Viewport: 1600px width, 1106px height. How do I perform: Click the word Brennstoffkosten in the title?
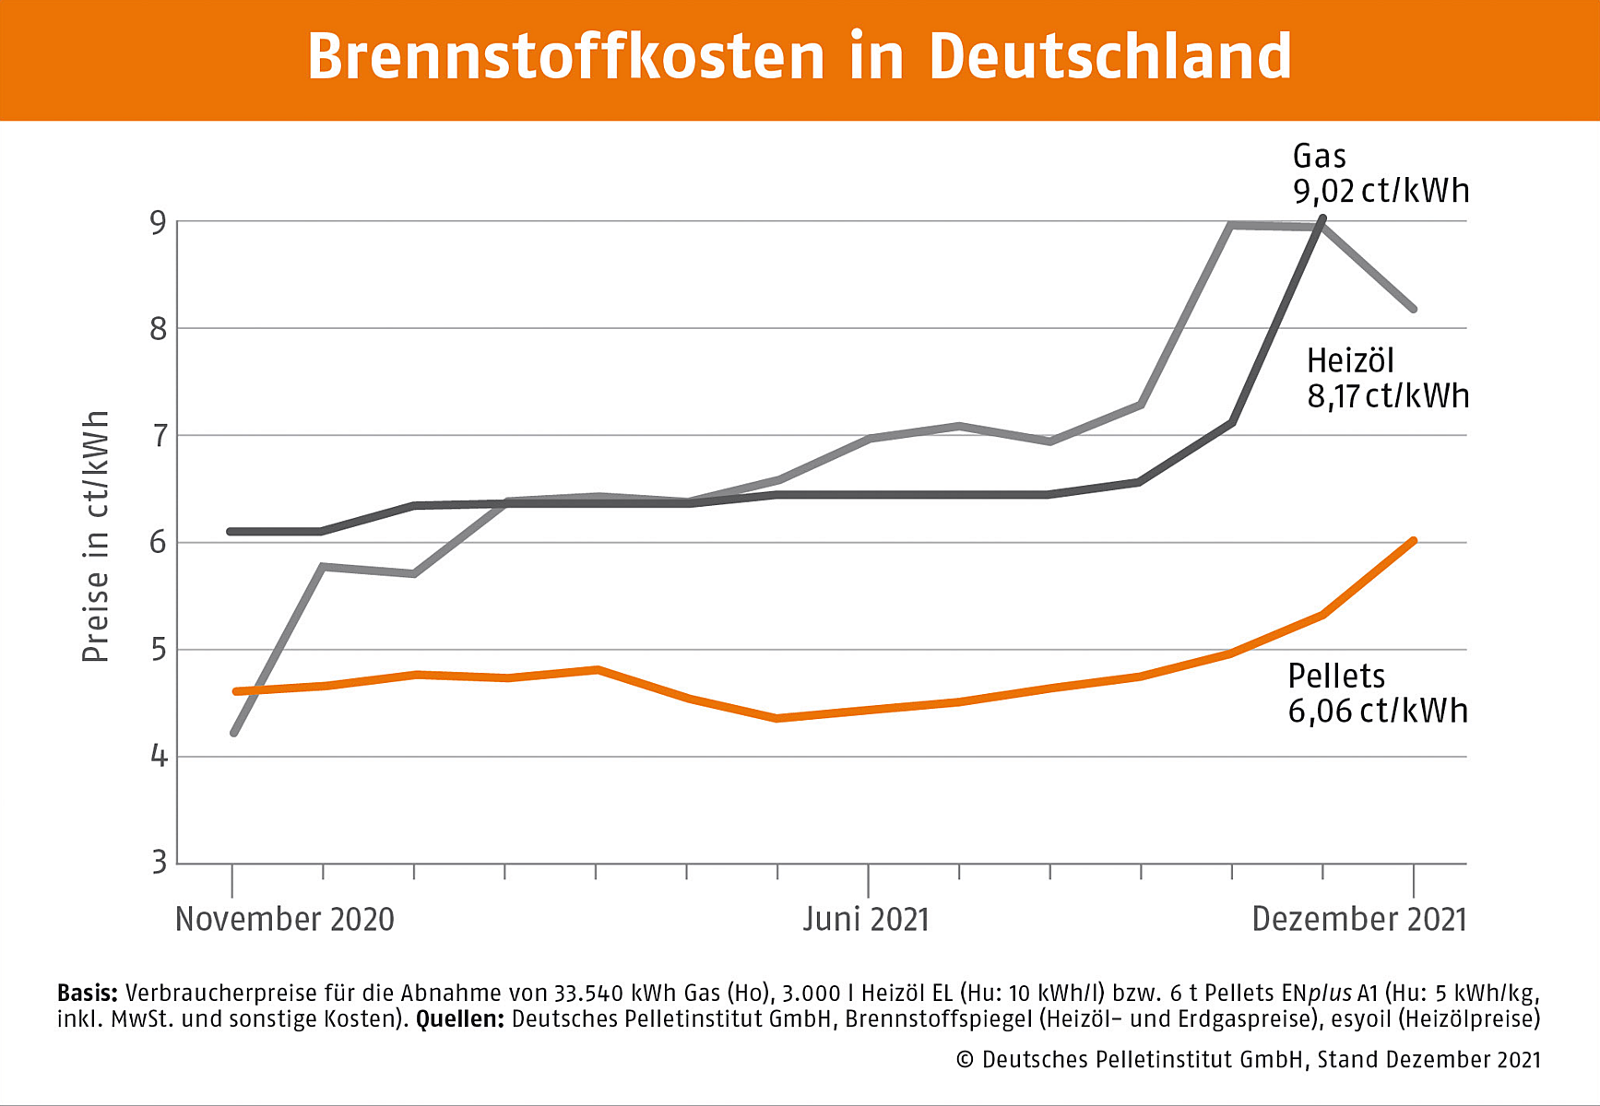[565, 57]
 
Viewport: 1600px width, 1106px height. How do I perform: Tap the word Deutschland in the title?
[1109, 57]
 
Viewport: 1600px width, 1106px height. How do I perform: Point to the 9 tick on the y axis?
[159, 223]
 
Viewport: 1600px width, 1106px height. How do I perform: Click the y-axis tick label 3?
[159, 863]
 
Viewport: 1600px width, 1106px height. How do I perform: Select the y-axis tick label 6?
[159, 542]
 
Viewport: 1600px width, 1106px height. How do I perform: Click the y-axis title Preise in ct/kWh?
[96, 536]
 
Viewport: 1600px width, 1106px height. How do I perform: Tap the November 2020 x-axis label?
[285, 919]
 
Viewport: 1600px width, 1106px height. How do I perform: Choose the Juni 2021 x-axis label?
[866, 919]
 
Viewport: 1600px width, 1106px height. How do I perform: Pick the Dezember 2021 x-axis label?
[1358, 919]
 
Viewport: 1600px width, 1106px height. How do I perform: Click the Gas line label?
[1319, 156]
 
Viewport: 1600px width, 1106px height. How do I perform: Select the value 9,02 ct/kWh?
[1381, 191]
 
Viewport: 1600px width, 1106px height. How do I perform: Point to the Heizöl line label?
[1350, 360]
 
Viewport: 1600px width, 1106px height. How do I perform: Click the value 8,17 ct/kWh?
[1388, 396]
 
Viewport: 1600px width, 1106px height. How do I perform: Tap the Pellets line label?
[1336, 677]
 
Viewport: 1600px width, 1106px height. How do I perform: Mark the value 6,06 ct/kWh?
[1378, 712]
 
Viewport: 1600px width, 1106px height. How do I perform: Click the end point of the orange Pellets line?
[1413, 541]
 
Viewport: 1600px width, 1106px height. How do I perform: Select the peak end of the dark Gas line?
[1323, 218]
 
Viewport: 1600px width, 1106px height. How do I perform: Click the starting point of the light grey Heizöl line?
[233, 734]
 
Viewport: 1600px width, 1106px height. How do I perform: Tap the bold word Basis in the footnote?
[88, 993]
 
